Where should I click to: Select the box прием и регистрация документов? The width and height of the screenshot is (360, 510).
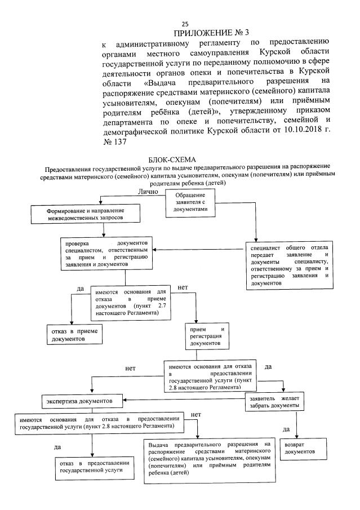[206, 336]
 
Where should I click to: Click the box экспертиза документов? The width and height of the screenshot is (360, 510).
[83, 401]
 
